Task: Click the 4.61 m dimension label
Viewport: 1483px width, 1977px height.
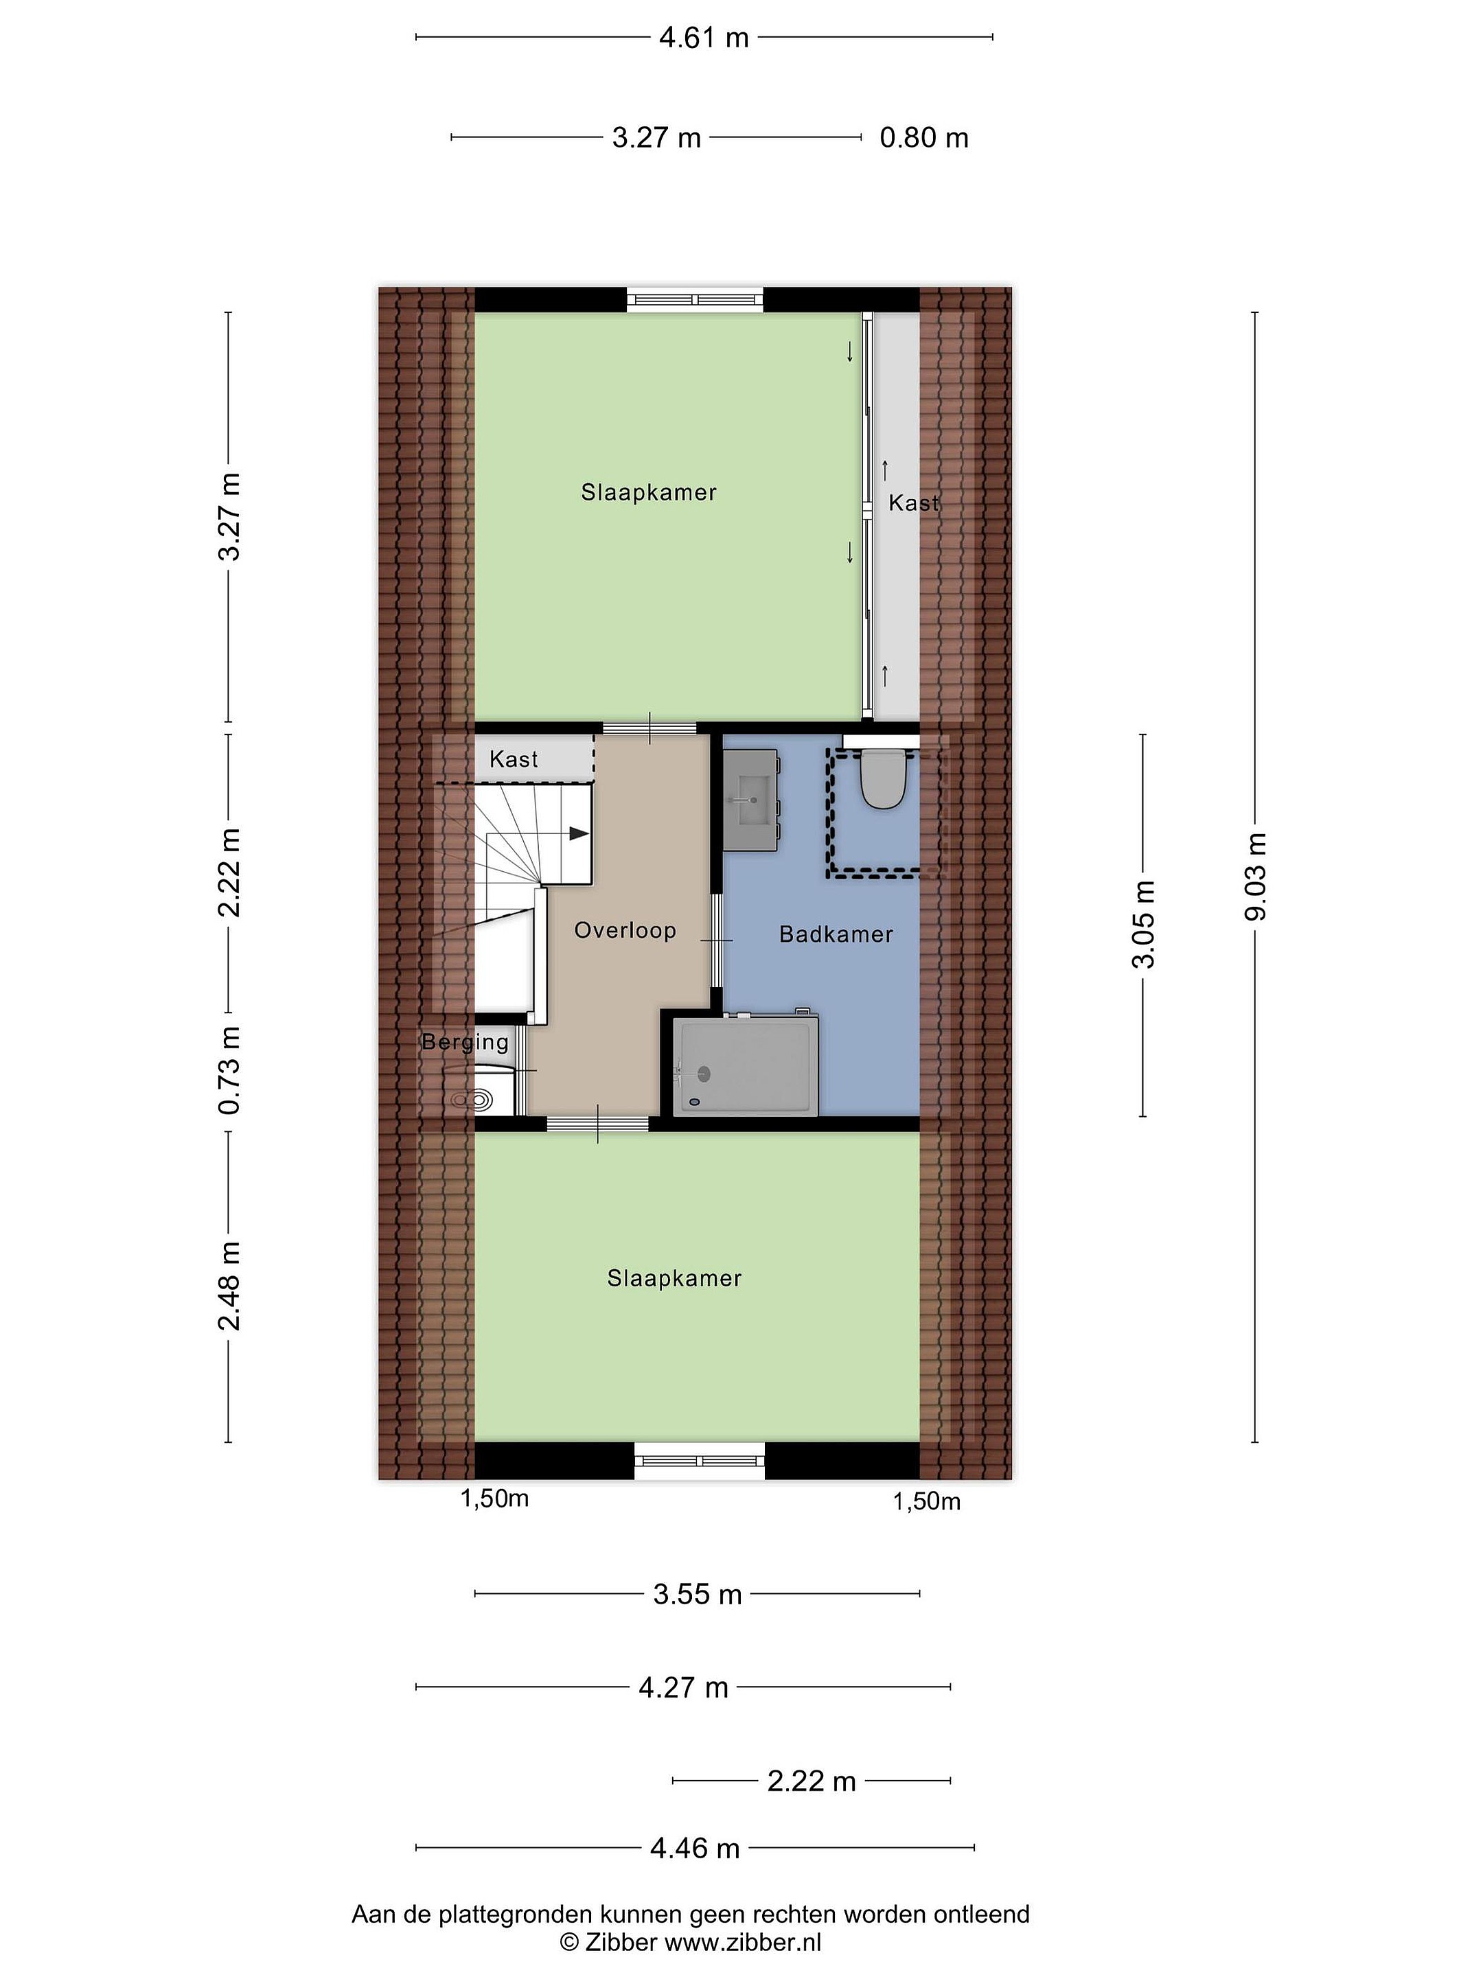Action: (x=704, y=38)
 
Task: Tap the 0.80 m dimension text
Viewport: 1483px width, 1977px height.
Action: (x=923, y=138)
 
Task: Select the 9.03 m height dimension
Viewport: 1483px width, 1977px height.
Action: (x=1257, y=877)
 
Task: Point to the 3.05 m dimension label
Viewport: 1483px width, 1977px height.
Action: (x=1145, y=924)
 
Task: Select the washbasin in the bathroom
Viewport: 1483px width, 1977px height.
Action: (x=751, y=800)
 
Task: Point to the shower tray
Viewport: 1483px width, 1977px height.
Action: (x=749, y=1066)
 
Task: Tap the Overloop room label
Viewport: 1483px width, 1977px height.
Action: (x=625, y=930)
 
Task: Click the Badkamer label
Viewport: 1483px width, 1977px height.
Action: (x=836, y=934)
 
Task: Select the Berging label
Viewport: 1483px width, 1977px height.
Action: (x=465, y=1041)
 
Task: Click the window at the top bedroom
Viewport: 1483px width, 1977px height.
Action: (x=695, y=299)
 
